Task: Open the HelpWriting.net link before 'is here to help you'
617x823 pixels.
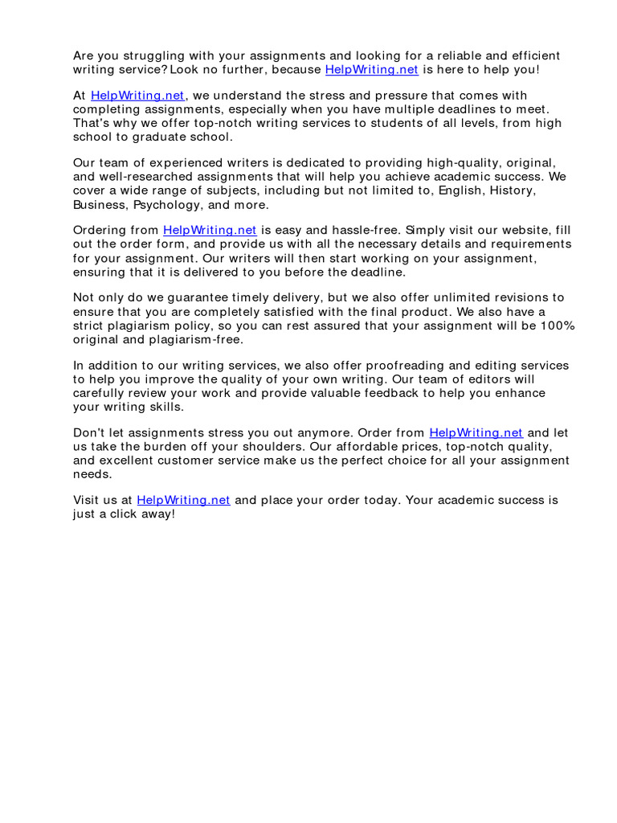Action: tap(371, 70)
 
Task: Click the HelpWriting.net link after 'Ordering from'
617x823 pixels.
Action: tap(210, 231)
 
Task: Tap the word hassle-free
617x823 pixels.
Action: tap(337, 231)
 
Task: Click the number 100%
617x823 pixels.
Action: tap(557, 326)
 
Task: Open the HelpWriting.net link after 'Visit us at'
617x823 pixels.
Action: tap(183, 500)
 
